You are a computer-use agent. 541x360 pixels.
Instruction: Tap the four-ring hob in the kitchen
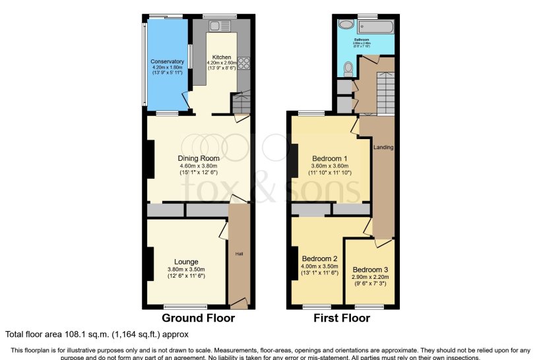pyautogui.click(x=242, y=63)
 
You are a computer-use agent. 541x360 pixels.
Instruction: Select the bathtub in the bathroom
pyautogui.click(x=375, y=26)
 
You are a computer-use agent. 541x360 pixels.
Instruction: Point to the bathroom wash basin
pyautogui.click(x=345, y=24)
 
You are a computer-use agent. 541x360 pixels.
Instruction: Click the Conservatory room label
pyautogui.click(x=167, y=61)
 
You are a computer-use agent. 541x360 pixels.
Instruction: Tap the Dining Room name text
pyautogui.click(x=198, y=158)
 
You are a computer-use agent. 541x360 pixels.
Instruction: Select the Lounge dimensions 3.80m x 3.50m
pyautogui.click(x=186, y=269)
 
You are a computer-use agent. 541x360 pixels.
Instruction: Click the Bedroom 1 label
pyautogui.click(x=329, y=159)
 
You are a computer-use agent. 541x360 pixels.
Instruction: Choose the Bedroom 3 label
pyautogui.click(x=370, y=270)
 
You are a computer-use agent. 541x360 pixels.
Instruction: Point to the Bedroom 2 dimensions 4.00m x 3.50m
pyautogui.click(x=320, y=266)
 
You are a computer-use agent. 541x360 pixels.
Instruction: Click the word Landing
pyautogui.click(x=383, y=147)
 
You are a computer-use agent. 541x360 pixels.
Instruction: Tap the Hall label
pyautogui.click(x=239, y=253)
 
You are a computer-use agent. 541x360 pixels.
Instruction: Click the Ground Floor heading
pyautogui.click(x=198, y=318)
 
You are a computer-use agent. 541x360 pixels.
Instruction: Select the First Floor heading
pyautogui.click(x=342, y=318)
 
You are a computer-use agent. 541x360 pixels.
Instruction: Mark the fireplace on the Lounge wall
pyautogui.click(x=150, y=262)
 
